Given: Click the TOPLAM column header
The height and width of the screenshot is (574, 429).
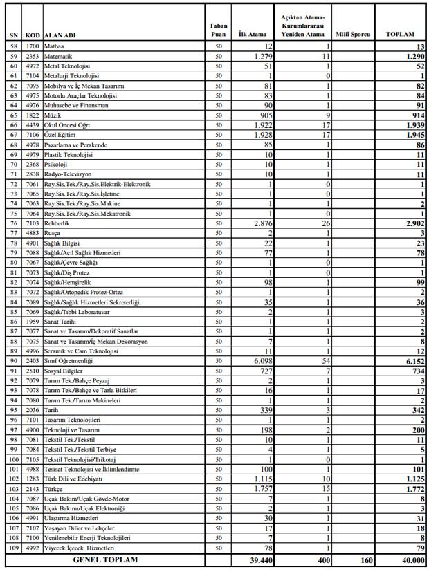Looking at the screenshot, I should pyautogui.click(x=401, y=33).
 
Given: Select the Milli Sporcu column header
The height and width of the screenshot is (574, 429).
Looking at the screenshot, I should pyautogui.click(x=353, y=33).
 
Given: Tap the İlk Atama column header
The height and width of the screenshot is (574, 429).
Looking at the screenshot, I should pyautogui.click(x=248, y=33).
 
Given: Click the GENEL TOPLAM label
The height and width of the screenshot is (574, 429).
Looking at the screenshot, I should pyautogui.click(x=106, y=559).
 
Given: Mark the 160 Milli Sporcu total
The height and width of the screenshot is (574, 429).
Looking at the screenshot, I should pyautogui.click(x=365, y=559).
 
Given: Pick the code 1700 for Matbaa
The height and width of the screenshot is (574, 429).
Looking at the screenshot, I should pyautogui.click(x=33, y=46).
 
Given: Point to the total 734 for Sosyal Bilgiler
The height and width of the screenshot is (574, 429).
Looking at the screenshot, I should pyautogui.click(x=416, y=370).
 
